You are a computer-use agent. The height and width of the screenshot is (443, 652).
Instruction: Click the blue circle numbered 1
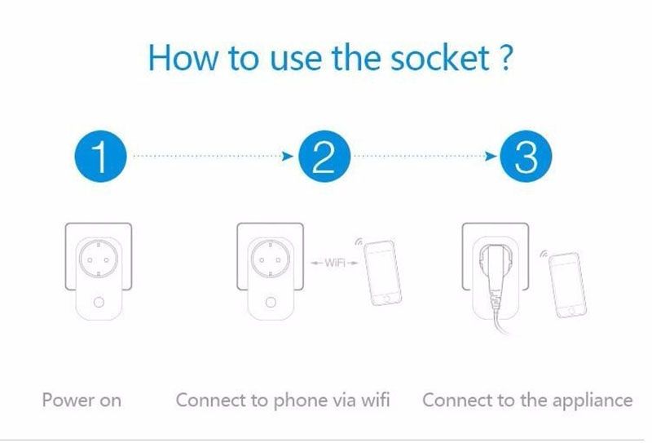pyautogui.click(x=100, y=156)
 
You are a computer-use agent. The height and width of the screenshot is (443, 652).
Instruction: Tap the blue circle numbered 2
pyautogui.click(x=324, y=156)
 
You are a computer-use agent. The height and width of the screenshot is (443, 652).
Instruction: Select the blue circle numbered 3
pyautogui.click(x=526, y=156)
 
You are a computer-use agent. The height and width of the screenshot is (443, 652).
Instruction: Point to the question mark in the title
pyautogui.click(x=504, y=57)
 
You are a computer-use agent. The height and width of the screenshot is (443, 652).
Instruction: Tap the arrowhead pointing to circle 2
pyautogui.click(x=288, y=156)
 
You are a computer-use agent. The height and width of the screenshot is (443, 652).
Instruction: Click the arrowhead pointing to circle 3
pyautogui.click(x=491, y=156)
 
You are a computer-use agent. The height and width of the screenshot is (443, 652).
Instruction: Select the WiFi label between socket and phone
pyautogui.click(x=335, y=263)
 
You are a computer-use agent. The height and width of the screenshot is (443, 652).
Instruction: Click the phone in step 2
pyautogui.click(x=382, y=272)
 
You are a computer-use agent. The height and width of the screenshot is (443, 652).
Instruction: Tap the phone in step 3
pyautogui.click(x=567, y=286)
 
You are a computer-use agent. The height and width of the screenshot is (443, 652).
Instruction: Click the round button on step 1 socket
pyautogui.click(x=99, y=302)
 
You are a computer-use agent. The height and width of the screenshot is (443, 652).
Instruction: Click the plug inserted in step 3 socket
pyautogui.click(x=495, y=275)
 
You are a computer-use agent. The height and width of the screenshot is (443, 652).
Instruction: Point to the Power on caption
pyautogui.click(x=81, y=401)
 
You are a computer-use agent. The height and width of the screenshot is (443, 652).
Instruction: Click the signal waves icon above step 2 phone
pyautogui.click(x=359, y=242)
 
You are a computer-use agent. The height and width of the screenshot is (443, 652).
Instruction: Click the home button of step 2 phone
pyautogui.click(x=387, y=298)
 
